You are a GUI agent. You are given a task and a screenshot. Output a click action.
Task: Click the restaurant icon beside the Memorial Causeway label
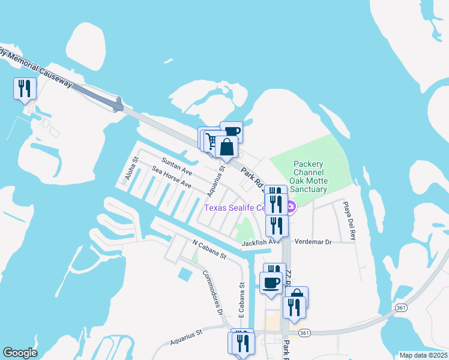point(25,89)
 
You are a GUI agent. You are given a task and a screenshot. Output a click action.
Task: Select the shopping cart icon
point(211,141)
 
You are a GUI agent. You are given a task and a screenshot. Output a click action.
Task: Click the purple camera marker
point(291,208)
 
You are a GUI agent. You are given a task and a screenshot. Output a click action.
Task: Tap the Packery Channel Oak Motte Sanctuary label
point(309,176)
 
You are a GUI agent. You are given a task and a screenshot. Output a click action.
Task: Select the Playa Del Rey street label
point(349,220)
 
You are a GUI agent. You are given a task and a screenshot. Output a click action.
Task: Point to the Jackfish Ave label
point(261,243)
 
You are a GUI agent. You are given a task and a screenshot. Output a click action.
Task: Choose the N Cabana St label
point(208,250)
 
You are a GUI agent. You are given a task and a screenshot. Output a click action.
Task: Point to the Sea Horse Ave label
point(172,178)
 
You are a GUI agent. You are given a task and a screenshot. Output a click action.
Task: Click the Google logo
point(20,353)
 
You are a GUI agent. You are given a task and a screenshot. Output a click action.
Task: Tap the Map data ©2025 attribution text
point(423,355)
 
